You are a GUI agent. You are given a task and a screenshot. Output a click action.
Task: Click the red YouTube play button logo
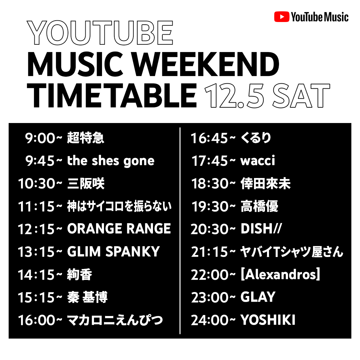[281, 17]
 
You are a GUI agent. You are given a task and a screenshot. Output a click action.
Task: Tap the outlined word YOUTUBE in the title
[100, 33]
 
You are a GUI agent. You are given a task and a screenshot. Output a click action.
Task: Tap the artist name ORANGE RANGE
[119, 228]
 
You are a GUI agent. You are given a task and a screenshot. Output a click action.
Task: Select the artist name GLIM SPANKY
[113, 251]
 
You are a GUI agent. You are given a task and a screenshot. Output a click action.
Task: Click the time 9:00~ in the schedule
[43, 138]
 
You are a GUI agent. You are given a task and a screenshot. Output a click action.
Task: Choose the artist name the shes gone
[111, 161]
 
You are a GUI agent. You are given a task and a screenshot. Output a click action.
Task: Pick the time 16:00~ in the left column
[40, 320]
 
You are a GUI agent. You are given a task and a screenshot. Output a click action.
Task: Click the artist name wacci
[258, 160]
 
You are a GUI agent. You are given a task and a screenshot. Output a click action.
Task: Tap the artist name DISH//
[261, 228]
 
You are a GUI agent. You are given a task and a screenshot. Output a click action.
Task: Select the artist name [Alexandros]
[280, 274]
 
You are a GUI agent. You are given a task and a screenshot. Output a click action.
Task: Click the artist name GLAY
[258, 297]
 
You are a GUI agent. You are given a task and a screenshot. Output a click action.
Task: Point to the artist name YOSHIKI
[268, 320]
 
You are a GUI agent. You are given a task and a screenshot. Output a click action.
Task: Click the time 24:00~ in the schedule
[213, 320]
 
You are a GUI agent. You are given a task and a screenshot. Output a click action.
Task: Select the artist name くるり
[256, 138]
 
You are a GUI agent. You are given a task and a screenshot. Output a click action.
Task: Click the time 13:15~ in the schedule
[40, 252]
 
